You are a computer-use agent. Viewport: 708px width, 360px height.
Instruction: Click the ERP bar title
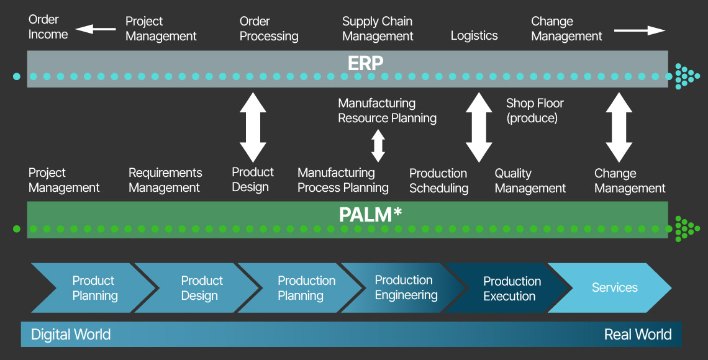coord(365,63)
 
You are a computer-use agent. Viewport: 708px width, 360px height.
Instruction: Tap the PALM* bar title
coord(370,215)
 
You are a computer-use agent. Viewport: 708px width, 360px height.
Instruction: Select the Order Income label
coord(48,27)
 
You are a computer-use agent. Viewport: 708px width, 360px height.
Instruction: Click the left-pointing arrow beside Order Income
coord(96,29)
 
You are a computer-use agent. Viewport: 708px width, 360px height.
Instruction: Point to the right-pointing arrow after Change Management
coord(639,30)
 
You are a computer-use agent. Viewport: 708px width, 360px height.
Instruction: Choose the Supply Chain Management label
coord(378,29)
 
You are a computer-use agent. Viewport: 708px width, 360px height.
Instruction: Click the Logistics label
coord(474,35)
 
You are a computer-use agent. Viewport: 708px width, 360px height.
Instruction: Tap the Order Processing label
coord(269,29)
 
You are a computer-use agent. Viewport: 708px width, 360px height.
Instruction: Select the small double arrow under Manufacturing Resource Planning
coord(378,146)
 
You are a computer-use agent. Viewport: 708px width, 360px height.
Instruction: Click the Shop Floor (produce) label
coord(535,110)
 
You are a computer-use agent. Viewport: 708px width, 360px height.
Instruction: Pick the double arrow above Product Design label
coord(253,127)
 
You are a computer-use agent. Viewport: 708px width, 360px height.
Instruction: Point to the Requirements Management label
coord(165,180)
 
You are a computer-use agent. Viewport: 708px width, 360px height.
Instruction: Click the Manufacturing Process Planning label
coord(343,180)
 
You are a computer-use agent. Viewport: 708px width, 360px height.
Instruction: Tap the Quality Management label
coord(530,181)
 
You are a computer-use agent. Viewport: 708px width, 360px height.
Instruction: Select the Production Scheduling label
coord(438,181)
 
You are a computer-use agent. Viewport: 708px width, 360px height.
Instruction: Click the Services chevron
coord(612,288)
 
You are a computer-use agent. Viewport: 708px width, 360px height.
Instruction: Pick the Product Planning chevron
coord(93,288)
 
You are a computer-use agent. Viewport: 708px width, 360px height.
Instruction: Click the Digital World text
coord(71,335)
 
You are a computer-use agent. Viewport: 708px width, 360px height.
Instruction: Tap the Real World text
coord(638,335)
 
